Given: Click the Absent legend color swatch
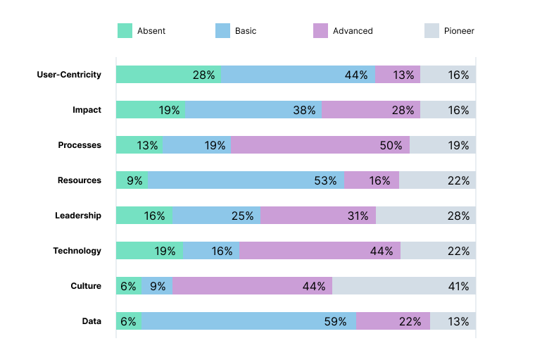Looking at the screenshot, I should pyautogui.click(x=124, y=31).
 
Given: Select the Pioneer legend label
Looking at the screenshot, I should pyautogui.click(x=459, y=31).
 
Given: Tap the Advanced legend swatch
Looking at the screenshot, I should pyautogui.click(x=320, y=31).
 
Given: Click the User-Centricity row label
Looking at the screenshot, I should pyautogui.click(x=69, y=75).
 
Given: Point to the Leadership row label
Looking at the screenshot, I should pyautogui.click(x=78, y=216).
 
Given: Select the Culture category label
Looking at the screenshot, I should pyautogui.click(x=86, y=286).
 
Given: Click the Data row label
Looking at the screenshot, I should pyautogui.click(x=92, y=321).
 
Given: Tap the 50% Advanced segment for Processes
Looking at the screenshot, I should pyautogui.click(x=320, y=145).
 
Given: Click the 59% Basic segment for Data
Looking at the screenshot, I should pyautogui.click(x=249, y=321).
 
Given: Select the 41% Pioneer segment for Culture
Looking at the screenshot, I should pyautogui.click(x=404, y=286).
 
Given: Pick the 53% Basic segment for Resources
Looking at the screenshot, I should pyautogui.click(x=246, y=180).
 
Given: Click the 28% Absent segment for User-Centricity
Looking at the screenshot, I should pyautogui.click(x=168, y=75).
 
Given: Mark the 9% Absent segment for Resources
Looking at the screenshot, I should pyautogui.click(x=132, y=180).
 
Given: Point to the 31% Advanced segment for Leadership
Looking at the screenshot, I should pyautogui.click(x=317, y=216).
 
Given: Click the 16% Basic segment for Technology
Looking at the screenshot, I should pyautogui.click(x=210, y=251).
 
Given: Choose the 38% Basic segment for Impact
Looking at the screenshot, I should pyautogui.click(x=253, y=110).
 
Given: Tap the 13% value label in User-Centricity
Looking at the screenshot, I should pyautogui.click(x=404, y=75).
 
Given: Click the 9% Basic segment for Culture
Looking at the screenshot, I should pyautogui.click(x=157, y=286).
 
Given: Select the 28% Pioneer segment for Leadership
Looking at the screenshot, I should pyautogui.click(x=425, y=216).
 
